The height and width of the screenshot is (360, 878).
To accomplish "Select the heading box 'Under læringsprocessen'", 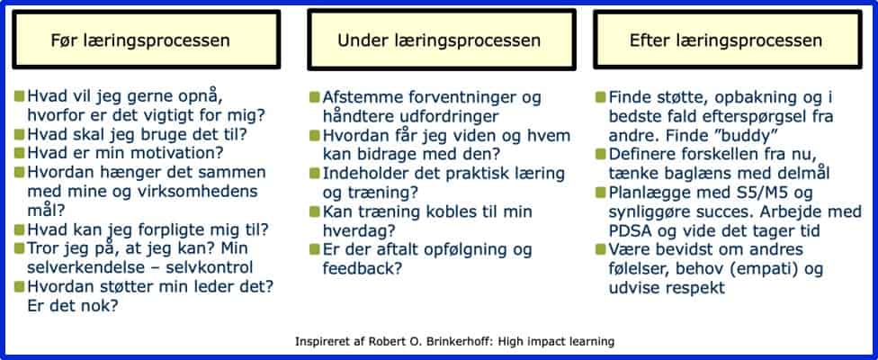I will click(440, 41).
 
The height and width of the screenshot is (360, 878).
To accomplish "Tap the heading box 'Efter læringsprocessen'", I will click(726, 41).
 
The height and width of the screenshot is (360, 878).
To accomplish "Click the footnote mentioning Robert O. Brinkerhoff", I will click(454, 342).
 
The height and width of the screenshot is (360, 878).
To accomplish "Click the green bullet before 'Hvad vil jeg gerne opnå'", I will click(20, 95).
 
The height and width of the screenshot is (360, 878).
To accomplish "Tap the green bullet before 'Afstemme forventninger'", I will click(314, 96).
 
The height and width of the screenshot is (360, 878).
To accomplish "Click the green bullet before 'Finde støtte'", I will click(601, 96).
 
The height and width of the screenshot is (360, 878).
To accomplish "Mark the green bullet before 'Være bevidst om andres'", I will click(601, 250).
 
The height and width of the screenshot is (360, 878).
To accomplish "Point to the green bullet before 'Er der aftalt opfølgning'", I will click(314, 249).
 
